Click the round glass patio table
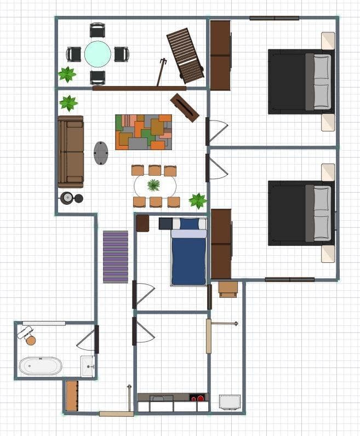tap(98, 54)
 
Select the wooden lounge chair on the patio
tap(185, 55)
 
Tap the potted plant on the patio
tap(67, 74)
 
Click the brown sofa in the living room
tap(71, 151)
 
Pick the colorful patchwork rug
tap(144, 132)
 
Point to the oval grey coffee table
tap(101, 153)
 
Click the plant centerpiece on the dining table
tap(154, 185)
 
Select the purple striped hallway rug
tap(115, 256)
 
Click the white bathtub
tap(41, 365)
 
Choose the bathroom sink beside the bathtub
tap(88, 366)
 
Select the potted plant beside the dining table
tap(197, 200)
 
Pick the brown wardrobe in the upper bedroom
tap(220, 55)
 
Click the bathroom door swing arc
tap(87, 341)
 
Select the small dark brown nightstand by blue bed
tap(142, 223)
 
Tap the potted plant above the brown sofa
tap(68, 102)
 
